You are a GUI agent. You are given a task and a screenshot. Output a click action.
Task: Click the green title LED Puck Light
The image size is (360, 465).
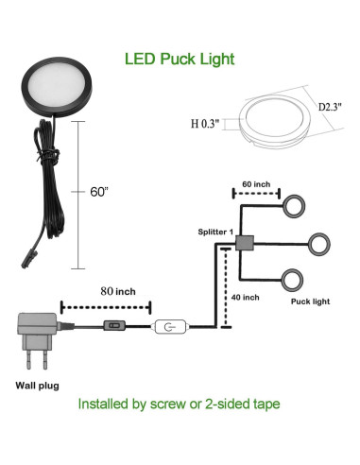coord(180,59)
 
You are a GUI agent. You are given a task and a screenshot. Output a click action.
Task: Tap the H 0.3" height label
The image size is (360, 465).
coord(207,121)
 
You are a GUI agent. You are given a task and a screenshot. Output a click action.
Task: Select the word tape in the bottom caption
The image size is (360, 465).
coord(263,404)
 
